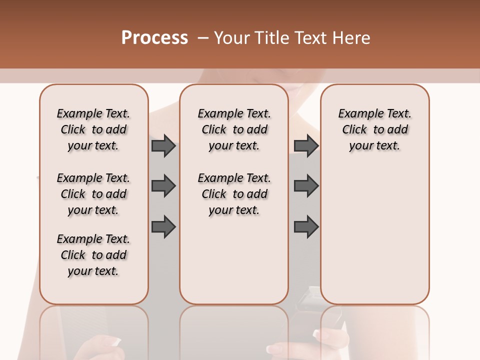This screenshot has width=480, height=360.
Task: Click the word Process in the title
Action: point(154,38)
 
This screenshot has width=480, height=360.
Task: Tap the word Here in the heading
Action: point(351,38)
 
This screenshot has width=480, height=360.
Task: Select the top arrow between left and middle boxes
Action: point(163,146)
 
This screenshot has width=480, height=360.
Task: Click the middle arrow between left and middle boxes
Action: point(163,186)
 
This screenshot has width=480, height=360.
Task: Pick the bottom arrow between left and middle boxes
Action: point(163,227)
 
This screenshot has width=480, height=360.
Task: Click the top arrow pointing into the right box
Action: point(306,146)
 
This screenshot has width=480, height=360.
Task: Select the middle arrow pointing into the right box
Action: point(306,186)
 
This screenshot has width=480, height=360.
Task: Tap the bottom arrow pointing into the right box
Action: point(306,227)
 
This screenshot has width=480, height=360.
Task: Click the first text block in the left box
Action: point(93,129)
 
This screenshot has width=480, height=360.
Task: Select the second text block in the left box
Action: point(93,194)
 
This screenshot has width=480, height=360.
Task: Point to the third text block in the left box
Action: point(93,255)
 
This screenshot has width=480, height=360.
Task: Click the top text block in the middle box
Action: point(234,129)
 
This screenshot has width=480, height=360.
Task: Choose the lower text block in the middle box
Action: point(234,194)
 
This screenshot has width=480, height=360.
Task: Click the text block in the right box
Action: point(374,129)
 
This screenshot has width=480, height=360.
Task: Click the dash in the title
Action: point(203,38)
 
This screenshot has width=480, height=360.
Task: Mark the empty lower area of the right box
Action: point(374,230)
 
